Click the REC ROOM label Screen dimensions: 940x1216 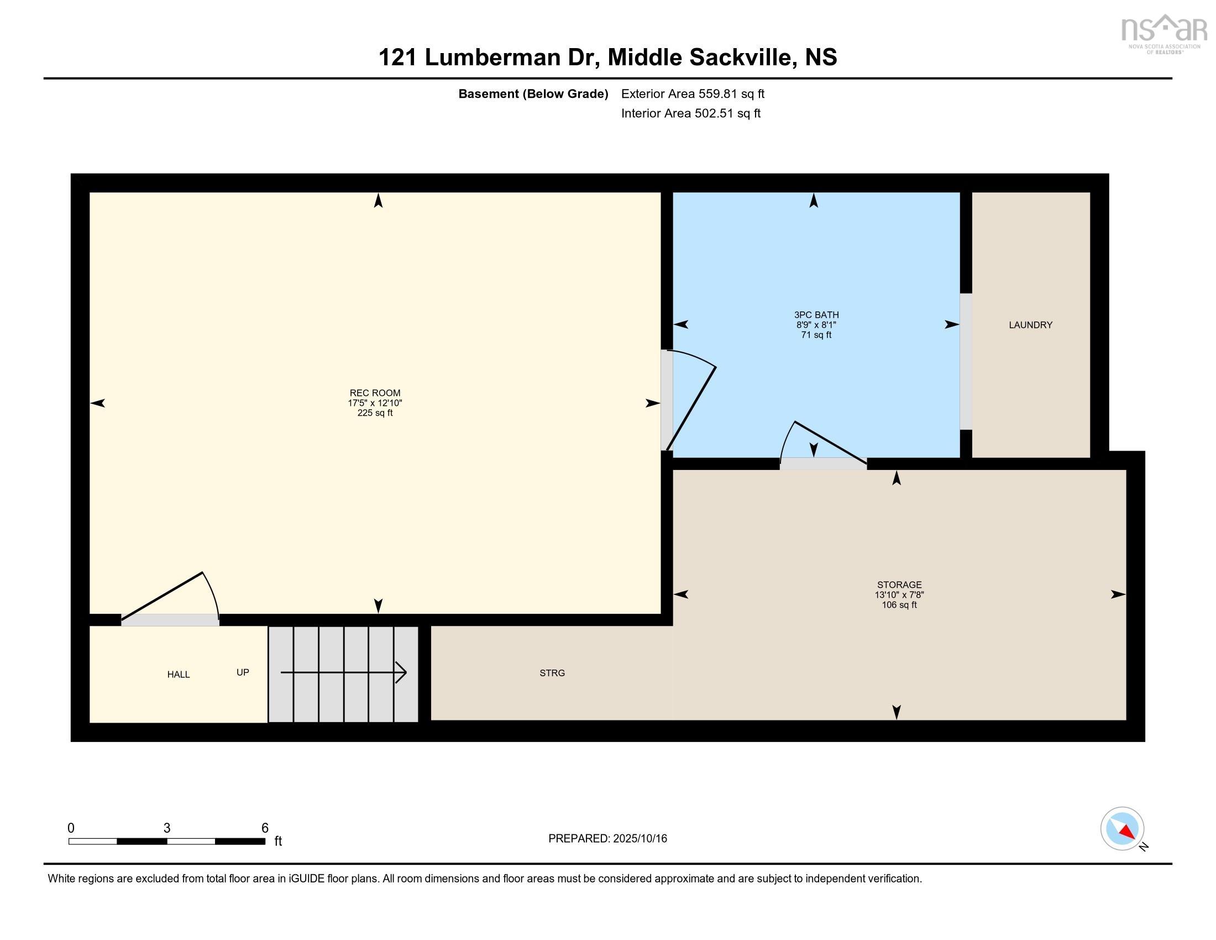(375, 393)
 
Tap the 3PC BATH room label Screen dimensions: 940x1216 (816, 315)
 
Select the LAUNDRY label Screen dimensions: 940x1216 (1031, 325)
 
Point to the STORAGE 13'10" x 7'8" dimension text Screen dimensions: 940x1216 (899, 595)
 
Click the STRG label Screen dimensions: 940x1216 (552, 673)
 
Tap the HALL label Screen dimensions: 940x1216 (178, 675)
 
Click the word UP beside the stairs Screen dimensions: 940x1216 (242, 672)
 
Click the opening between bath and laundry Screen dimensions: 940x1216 (966, 362)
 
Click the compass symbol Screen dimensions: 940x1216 (1122, 829)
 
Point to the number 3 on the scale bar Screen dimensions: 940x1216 (166, 828)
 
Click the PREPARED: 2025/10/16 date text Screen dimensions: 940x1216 (607, 839)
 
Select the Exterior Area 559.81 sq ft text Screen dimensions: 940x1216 (693, 93)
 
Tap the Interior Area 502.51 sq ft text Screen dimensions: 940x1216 (690, 113)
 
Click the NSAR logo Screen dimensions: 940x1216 (1163, 33)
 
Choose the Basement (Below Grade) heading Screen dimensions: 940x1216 (533, 93)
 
